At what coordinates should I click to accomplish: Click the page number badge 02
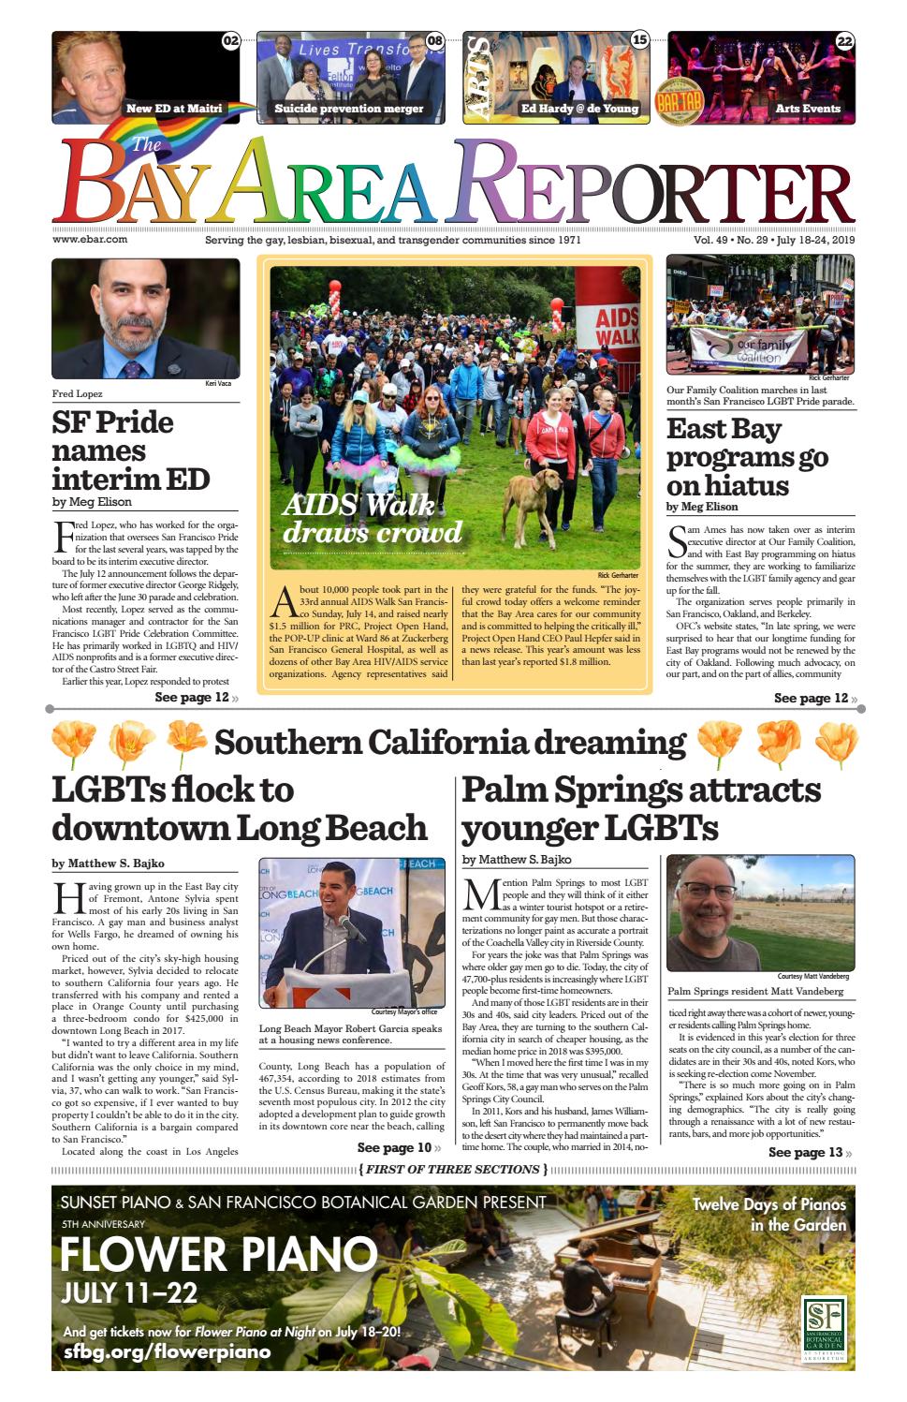pyautogui.click(x=230, y=41)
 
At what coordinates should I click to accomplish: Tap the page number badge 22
pyautogui.click(x=844, y=41)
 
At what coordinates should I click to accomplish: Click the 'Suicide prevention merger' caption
pyautogui.click(x=348, y=109)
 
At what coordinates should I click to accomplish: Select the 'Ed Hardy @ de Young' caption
pyautogui.click(x=579, y=109)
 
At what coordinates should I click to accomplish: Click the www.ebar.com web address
pyautogui.click(x=90, y=240)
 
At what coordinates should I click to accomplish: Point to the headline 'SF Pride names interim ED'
pyautogui.click(x=130, y=450)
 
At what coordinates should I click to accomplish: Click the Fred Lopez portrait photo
pyautogui.click(x=145, y=318)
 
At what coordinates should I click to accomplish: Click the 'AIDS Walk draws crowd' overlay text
pyautogui.click(x=373, y=518)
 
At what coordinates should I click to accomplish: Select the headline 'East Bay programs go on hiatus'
pyautogui.click(x=746, y=457)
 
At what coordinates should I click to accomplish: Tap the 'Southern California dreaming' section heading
pyautogui.click(x=449, y=743)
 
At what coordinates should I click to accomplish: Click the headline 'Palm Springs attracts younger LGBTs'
pyautogui.click(x=641, y=808)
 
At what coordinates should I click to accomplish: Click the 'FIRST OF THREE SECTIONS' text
pyautogui.click(x=452, y=1170)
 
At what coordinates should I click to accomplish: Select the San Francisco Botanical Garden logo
pyautogui.click(x=824, y=1325)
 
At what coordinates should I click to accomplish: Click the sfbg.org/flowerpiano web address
pyautogui.click(x=167, y=1351)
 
